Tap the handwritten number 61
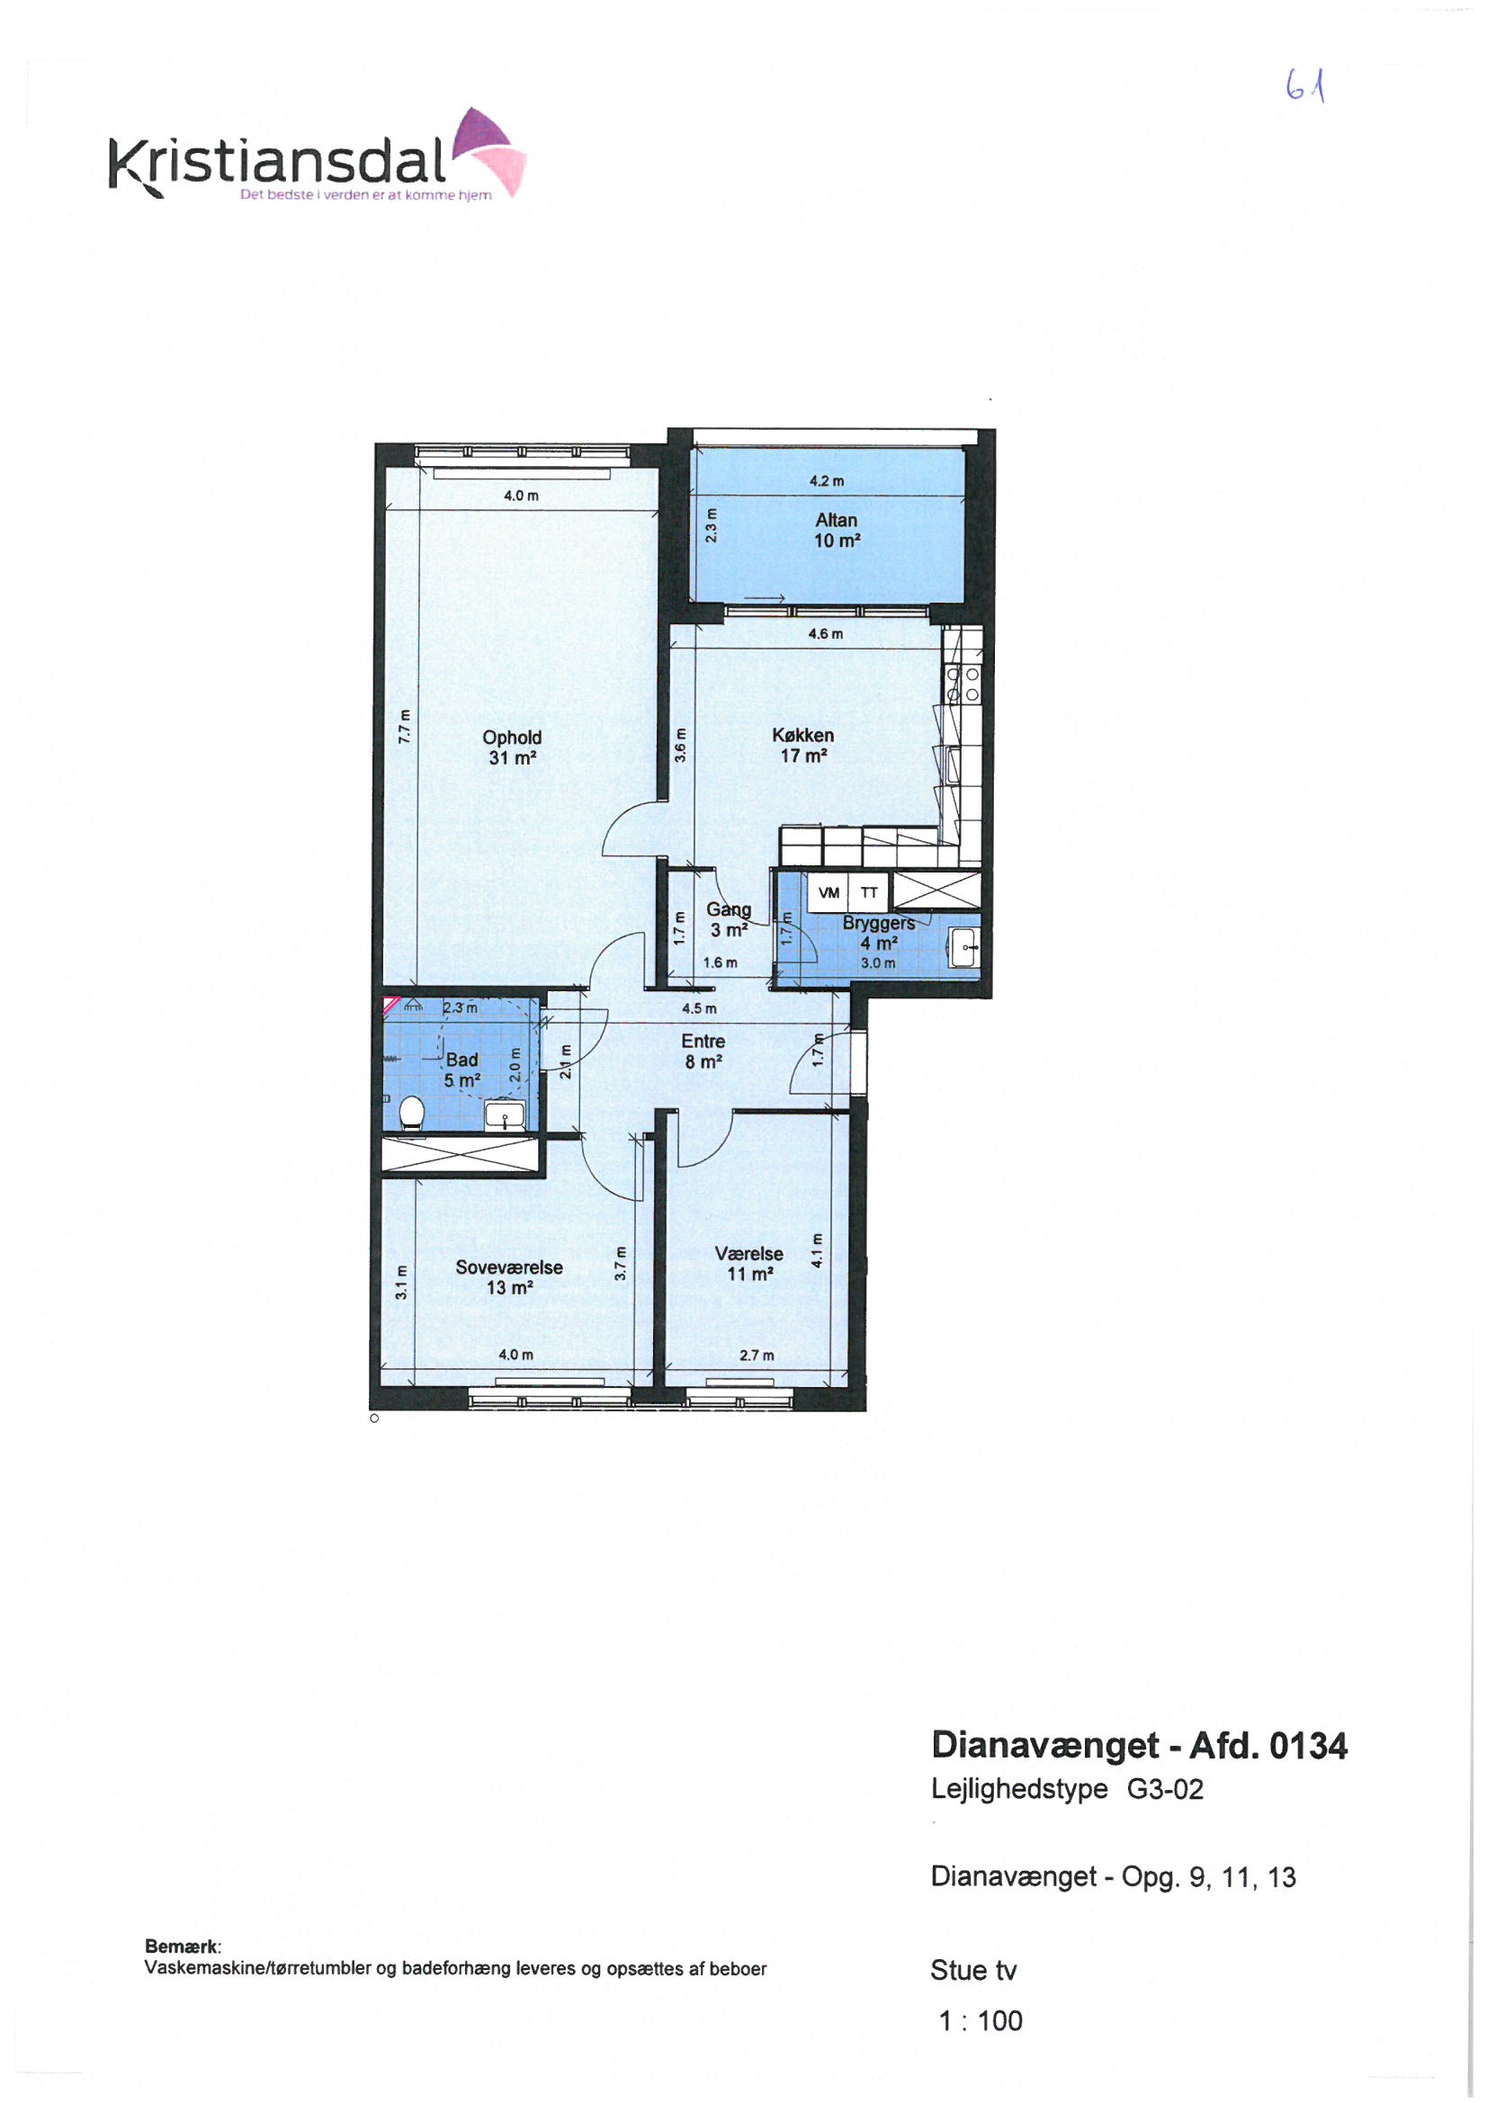(x=1306, y=87)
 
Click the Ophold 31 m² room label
(x=511, y=747)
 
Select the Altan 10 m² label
(x=837, y=531)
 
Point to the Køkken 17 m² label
(x=802, y=746)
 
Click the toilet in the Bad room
(x=412, y=1114)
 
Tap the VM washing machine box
(x=829, y=893)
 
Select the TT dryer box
(x=869, y=893)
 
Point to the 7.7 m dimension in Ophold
(x=404, y=727)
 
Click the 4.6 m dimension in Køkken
(x=825, y=634)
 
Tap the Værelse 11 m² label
(x=748, y=1264)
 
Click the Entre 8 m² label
(x=703, y=1051)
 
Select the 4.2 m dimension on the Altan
(x=827, y=481)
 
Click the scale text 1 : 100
(x=981, y=2020)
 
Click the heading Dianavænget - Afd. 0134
(x=1139, y=1746)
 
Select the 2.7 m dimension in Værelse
(x=756, y=1356)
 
